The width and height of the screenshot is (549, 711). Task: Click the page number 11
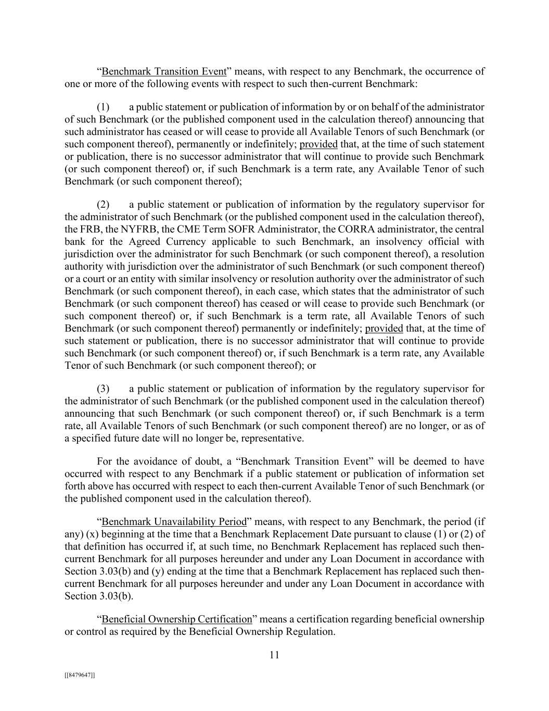tap(275, 655)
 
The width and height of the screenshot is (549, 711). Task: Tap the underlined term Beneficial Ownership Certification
tap(176, 619)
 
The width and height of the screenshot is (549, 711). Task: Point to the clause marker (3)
tap(103, 389)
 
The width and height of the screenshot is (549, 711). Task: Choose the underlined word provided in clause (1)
tap(318, 144)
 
